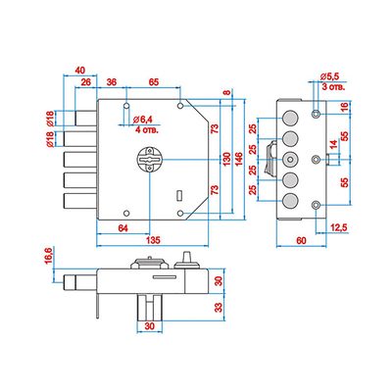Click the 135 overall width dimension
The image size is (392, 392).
pyautogui.click(x=153, y=240)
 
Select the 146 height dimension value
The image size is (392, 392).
pyautogui.click(x=239, y=159)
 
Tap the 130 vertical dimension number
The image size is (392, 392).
pyautogui.click(x=227, y=159)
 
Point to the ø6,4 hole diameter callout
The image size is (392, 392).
pyautogui.click(x=143, y=120)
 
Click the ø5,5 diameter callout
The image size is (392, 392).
pyautogui.click(x=330, y=76)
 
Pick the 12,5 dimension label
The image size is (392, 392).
pyautogui.click(x=338, y=227)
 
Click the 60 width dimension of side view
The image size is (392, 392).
pyautogui.click(x=301, y=241)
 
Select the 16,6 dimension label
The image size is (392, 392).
pyautogui.click(x=48, y=256)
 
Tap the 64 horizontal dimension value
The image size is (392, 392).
pyautogui.click(x=122, y=228)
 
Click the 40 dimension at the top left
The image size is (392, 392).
pyautogui.click(x=80, y=71)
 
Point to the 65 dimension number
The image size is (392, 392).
pyautogui.click(x=154, y=81)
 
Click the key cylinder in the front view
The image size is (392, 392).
pyautogui.click(x=150, y=160)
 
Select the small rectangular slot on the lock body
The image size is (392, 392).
pyautogui.click(x=178, y=195)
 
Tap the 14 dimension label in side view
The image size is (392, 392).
pyautogui.click(x=333, y=144)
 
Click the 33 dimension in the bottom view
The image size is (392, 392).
pyautogui.click(x=219, y=307)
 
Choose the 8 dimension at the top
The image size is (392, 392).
pyautogui.click(x=227, y=93)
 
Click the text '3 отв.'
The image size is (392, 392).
pyautogui.click(x=333, y=87)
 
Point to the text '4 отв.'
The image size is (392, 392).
pyautogui.click(x=147, y=130)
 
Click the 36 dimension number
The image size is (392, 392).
pyautogui.click(x=112, y=81)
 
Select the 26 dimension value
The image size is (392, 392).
pyautogui.click(x=85, y=81)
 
